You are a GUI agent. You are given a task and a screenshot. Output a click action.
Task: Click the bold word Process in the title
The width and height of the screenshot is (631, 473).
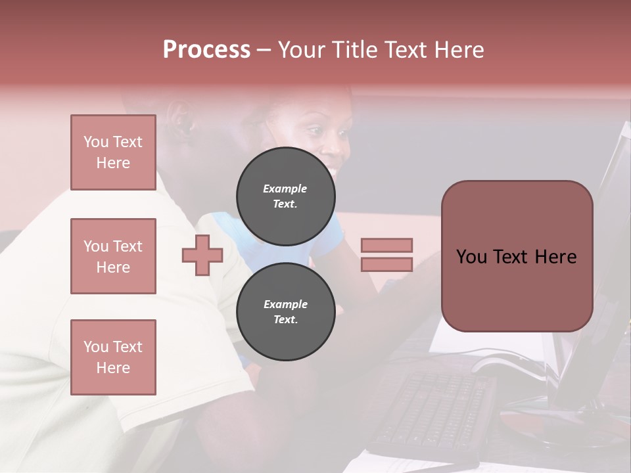point(206,50)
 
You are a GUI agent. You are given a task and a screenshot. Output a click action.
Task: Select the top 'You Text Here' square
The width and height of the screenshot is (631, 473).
point(113,152)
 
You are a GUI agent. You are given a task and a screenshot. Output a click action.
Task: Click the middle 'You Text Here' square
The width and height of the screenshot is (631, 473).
point(113,256)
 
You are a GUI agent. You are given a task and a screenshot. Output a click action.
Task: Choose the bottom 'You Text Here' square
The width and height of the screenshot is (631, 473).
point(113,357)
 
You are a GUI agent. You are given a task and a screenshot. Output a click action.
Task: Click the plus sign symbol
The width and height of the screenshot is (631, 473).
point(202,255)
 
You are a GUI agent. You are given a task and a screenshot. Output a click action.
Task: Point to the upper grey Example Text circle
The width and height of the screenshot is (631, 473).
point(286,196)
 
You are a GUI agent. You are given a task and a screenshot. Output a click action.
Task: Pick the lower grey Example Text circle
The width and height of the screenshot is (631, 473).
point(286,312)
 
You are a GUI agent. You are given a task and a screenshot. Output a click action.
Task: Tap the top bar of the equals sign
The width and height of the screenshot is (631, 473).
point(386,245)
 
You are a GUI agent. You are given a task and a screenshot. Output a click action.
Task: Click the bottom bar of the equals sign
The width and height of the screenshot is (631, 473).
point(386,264)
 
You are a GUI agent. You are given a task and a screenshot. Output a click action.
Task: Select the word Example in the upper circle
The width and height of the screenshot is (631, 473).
point(285,189)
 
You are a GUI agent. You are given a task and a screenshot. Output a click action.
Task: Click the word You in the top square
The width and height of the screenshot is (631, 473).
point(96,142)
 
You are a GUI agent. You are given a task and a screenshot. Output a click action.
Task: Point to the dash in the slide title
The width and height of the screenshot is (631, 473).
point(264,50)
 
